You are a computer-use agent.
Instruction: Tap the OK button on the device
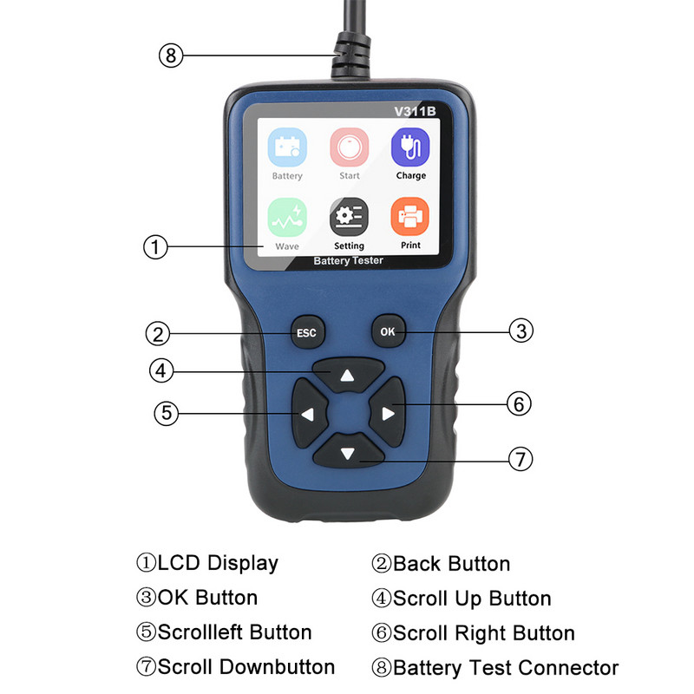pyautogui.click(x=387, y=331)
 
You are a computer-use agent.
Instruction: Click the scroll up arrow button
pyautogui.click(x=347, y=373)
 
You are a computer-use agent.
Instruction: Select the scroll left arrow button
pyautogui.click(x=308, y=413)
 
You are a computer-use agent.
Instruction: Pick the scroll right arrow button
pyautogui.click(x=387, y=413)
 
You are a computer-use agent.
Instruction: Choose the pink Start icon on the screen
pyautogui.click(x=349, y=147)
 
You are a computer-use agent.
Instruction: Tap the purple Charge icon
pyautogui.click(x=410, y=147)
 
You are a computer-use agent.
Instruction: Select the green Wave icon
pyautogui.click(x=287, y=218)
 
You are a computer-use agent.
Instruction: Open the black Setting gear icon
pyautogui.click(x=349, y=218)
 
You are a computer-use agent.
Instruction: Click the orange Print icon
pyautogui.click(x=410, y=218)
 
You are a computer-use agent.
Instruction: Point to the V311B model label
pyautogui.click(x=414, y=110)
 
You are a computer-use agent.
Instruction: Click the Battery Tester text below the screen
pyautogui.click(x=348, y=260)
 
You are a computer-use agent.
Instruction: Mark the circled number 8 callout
pyautogui.click(x=171, y=56)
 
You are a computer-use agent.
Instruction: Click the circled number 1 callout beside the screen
pyautogui.click(x=154, y=247)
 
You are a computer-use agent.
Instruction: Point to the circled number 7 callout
pyautogui.click(x=519, y=459)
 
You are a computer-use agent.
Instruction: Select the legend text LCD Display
pyautogui.click(x=217, y=563)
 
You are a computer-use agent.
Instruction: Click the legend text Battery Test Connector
pyautogui.click(x=506, y=668)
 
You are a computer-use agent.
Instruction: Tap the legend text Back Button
pyautogui.click(x=451, y=563)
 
